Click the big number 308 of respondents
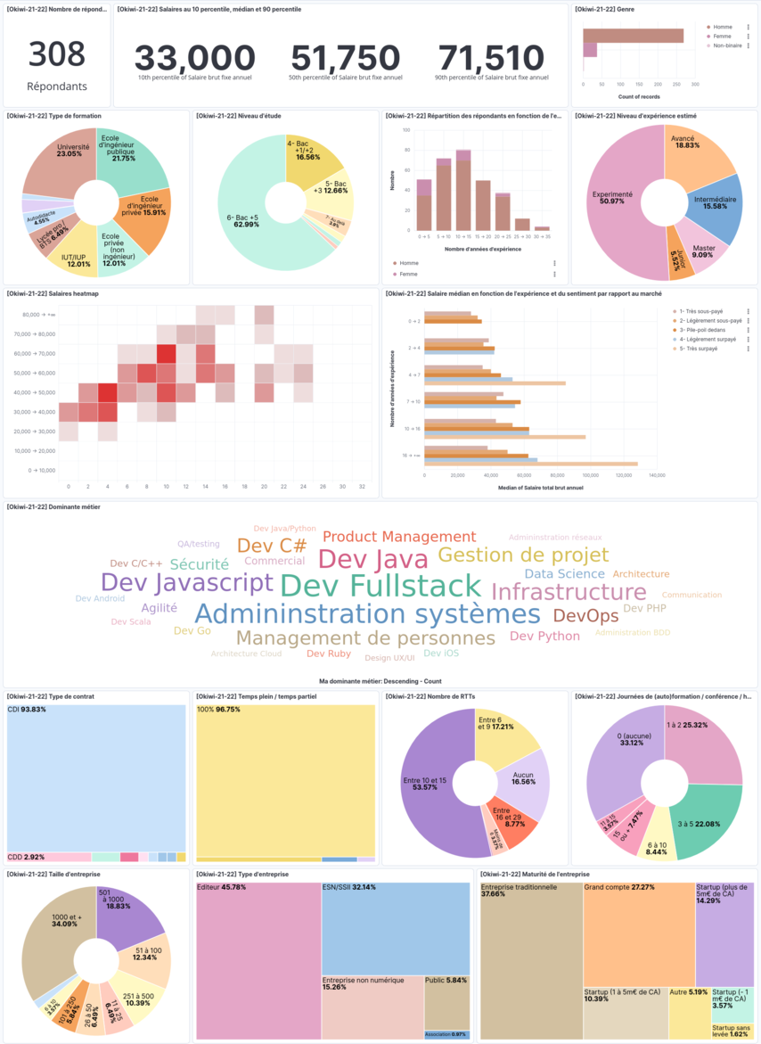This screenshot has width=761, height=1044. click(57, 54)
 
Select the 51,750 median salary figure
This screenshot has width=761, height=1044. click(346, 58)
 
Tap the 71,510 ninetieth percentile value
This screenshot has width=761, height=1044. click(491, 58)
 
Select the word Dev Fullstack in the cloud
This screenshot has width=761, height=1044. click(380, 586)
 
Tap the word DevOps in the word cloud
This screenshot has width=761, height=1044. click(585, 615)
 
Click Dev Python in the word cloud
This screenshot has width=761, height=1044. click(544, 636)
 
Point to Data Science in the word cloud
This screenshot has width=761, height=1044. click(564, 574)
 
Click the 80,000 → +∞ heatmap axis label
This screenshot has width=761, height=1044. click(38, 315)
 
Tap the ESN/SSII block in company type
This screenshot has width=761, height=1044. click(396, 927)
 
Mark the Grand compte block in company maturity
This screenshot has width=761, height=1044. click(638, 927)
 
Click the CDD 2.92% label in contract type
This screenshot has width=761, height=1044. click(27, 856)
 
